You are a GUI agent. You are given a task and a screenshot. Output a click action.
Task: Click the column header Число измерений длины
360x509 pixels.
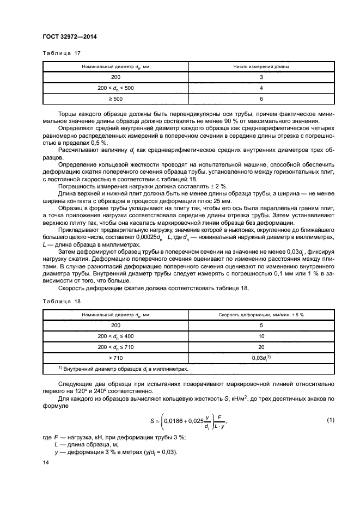coord(261,66)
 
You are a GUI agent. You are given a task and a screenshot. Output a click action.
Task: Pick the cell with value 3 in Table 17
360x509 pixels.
coord(261,77)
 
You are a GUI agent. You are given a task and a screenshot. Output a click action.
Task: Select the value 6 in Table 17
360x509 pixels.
coord(261,99)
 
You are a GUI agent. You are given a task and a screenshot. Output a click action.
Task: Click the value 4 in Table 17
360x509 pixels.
coord(261,88)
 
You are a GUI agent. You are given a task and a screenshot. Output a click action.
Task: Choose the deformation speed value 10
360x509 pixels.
coord(261,336)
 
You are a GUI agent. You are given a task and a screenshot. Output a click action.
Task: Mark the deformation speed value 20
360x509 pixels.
coord(261,347)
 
